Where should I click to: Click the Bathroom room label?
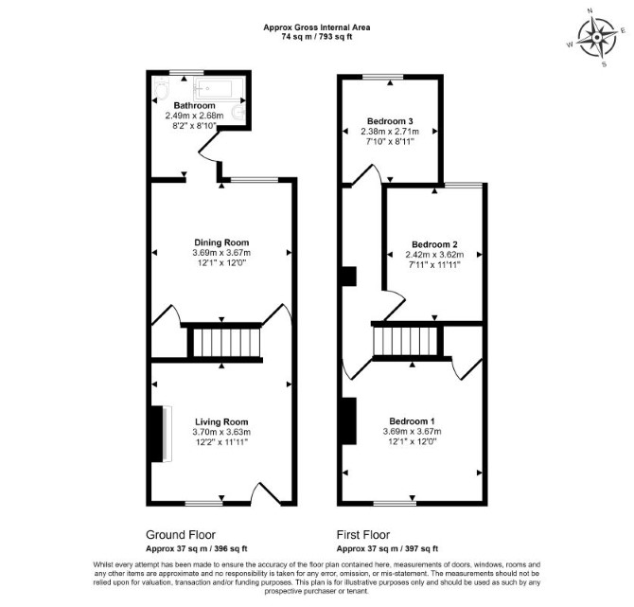pyautogui.click(x=195, y=106)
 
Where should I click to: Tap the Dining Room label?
pyautogui.click(x=221, y=242)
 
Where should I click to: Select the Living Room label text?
pyautogui.click(x=221, y=422)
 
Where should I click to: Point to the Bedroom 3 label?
pyautogui.click(x=390, y=121)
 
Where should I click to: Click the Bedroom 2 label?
pyautogui.click(x=434, y=244)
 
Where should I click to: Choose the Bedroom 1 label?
pyautogui.click(x=412, y=421)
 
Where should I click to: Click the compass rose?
pyautogui.click(x=597, y=38)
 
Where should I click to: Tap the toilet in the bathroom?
pyautogui.click(x=161, y=89)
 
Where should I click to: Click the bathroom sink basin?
pyautogui.click(x=239, y=112)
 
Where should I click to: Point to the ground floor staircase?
pyautogui.click(x=225, y=343)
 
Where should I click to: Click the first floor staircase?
pyautogui.click(x=406, y=341)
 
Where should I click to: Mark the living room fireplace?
pyautogui.click(x=161, y=434)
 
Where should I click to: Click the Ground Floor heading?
pyautogui.click(x=181, y=535)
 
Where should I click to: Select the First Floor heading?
pyautogui.click(x=363, y=535)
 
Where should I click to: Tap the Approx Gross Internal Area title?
pyautogui.click(x=317, y=27)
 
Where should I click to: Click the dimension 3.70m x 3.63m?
pyautogui.click(x=221, y=432)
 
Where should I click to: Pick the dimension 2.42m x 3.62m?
pyautogui.click(x=434, y=255)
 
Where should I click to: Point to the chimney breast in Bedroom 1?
pyautogui.click(x=349, y=420)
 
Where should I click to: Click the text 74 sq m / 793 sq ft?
pyautogui.click(x=317, y=37)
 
